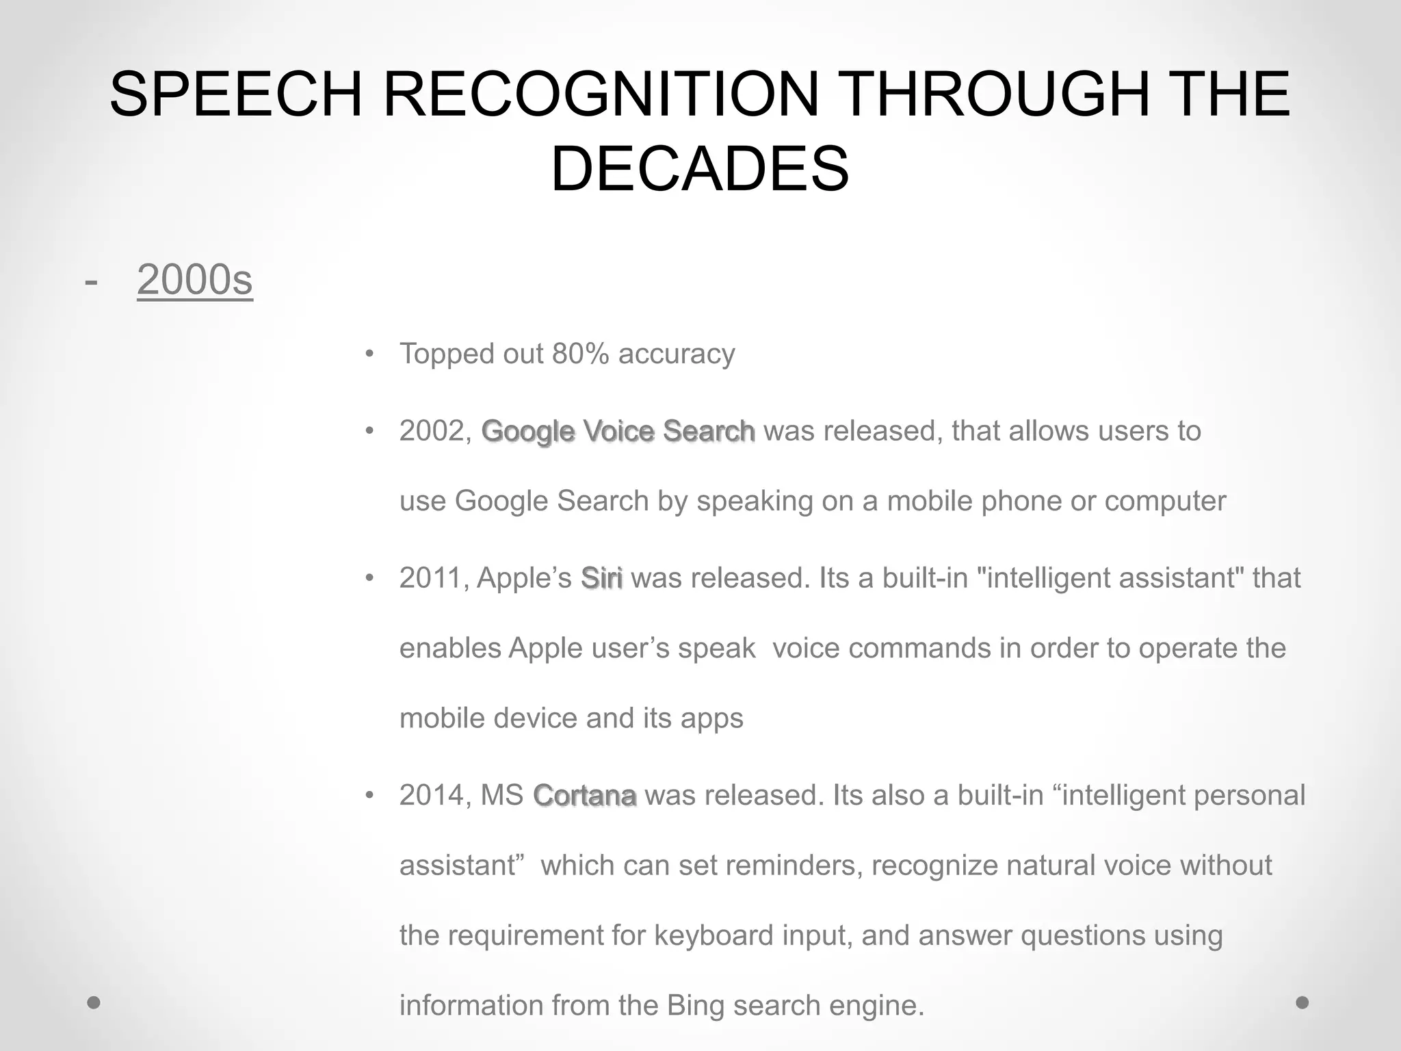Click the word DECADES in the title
700,169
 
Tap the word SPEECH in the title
235,94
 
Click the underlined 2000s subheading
195,280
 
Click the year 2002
432,431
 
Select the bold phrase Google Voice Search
618,431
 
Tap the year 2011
432,578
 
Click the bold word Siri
601,578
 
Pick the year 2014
432,795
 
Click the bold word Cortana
585,795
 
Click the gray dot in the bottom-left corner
94,1003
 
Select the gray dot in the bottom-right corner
1302,1003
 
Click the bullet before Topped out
370,354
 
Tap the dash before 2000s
90,281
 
